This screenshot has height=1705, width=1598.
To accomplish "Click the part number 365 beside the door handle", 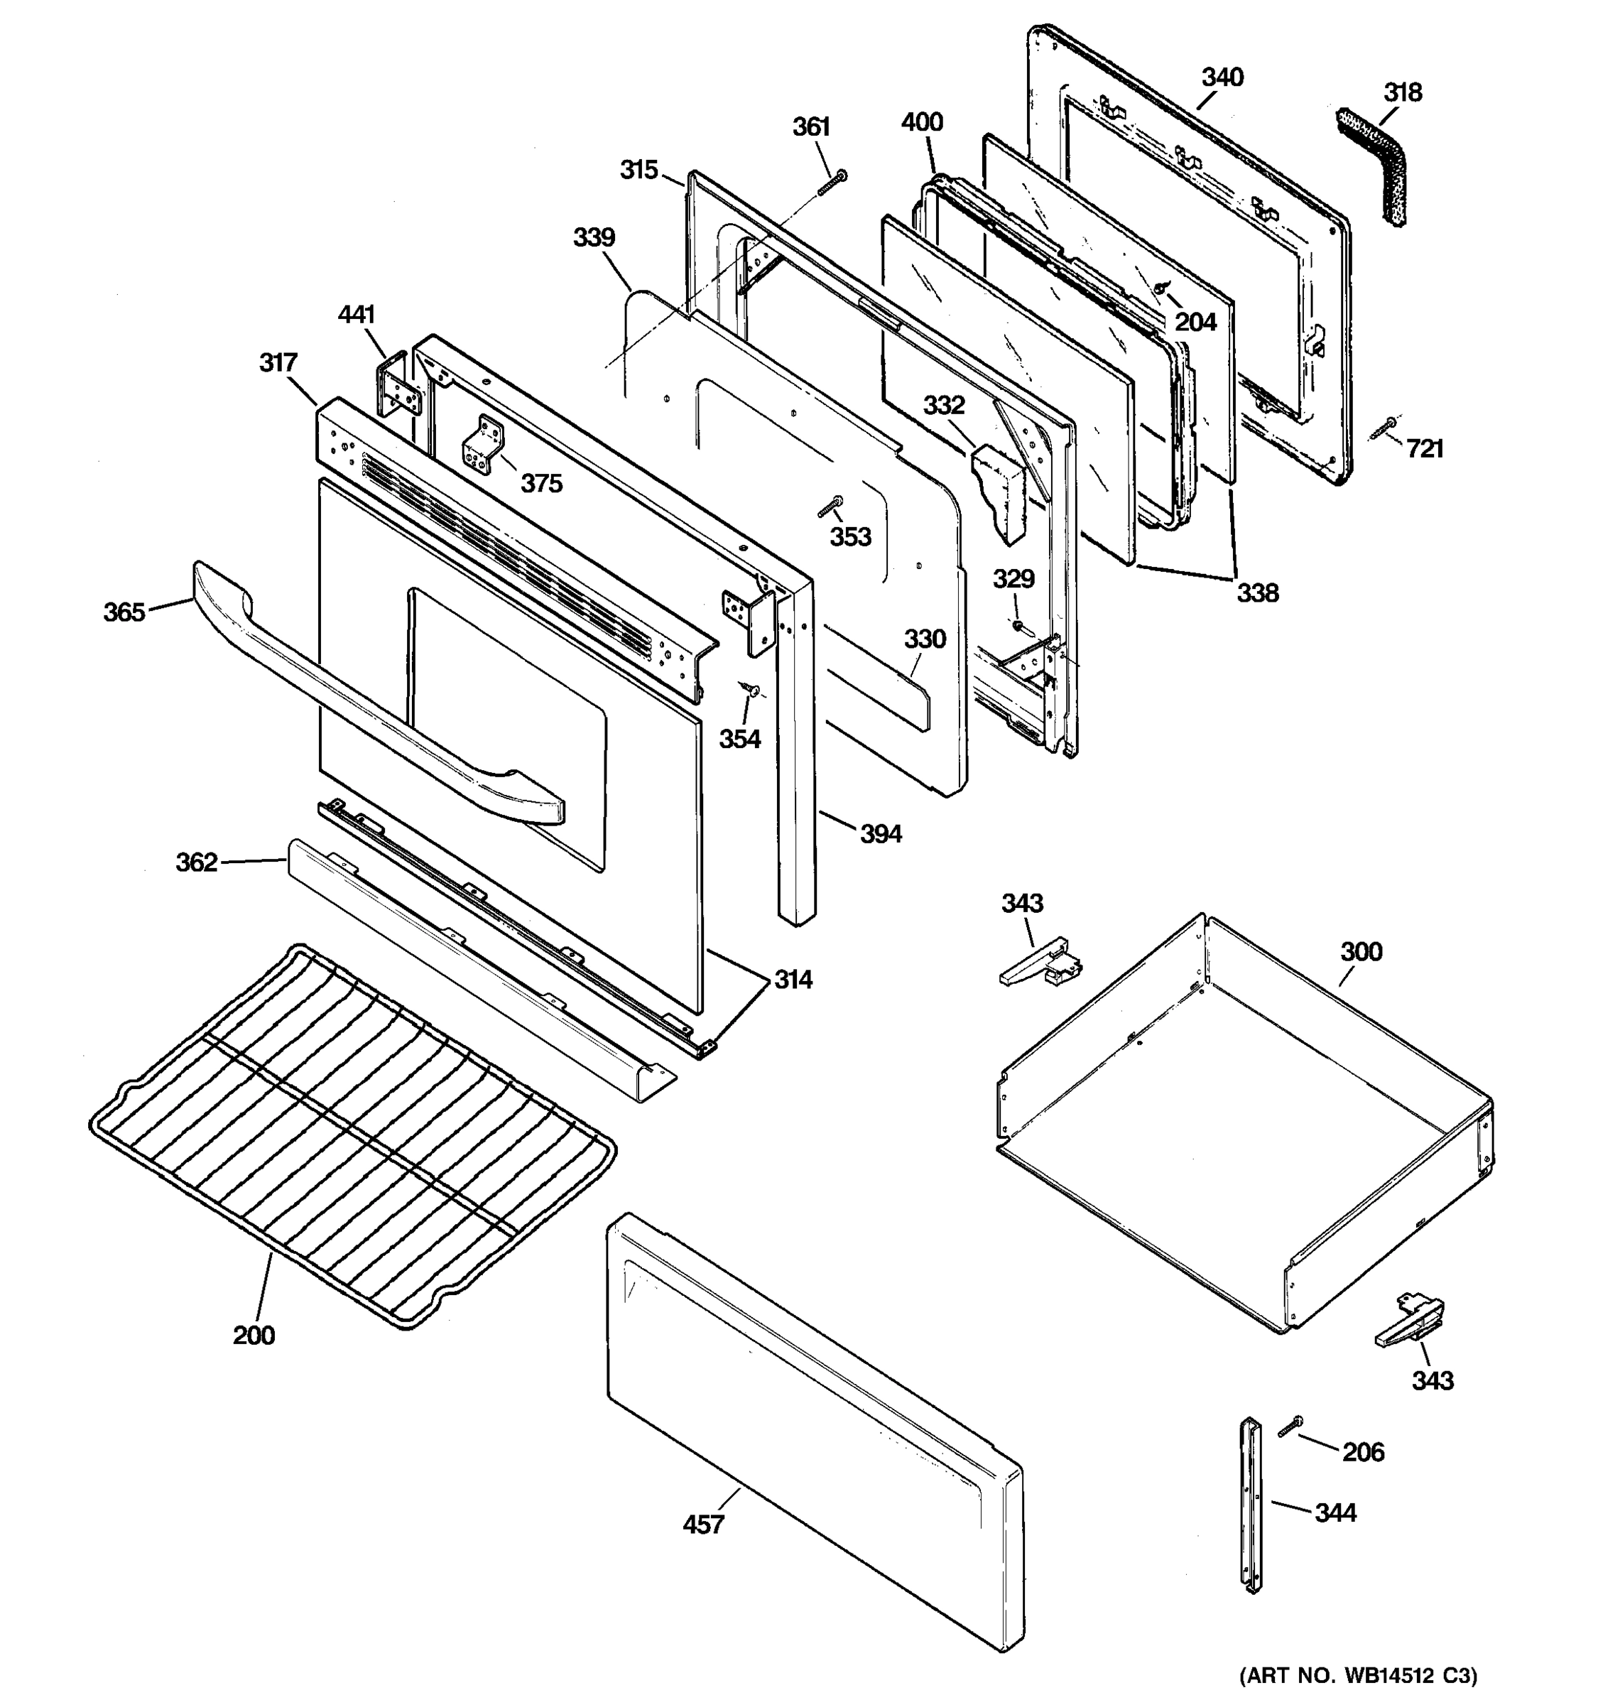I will [x=124, y=612].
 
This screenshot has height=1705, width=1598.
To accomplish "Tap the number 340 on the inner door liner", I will [x=1222, y=78].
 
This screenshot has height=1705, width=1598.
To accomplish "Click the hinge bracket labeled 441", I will [x=398, y=386].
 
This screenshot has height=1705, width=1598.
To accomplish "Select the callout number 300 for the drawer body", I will [x=1361, y=951].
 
